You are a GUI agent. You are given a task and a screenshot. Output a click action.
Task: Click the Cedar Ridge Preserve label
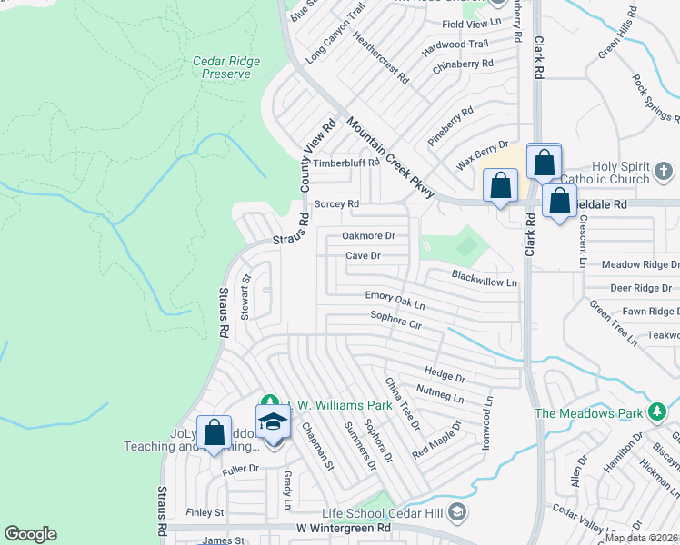226,67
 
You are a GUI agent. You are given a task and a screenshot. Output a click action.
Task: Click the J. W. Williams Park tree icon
269,401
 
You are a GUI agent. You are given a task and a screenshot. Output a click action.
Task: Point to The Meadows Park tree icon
657,413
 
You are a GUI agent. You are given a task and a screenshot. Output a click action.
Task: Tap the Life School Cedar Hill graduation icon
457,510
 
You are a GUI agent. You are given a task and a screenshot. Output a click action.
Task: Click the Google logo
30,534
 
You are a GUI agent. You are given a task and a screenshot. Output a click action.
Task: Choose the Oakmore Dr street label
368,235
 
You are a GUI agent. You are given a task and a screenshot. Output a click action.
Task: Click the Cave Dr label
363,256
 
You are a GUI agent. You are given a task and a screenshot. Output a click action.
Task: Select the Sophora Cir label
396,319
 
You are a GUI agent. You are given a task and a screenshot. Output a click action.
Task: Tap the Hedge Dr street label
445,373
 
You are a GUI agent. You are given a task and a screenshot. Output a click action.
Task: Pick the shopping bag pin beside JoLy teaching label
214,433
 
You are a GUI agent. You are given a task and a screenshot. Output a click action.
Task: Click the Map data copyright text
641,537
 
